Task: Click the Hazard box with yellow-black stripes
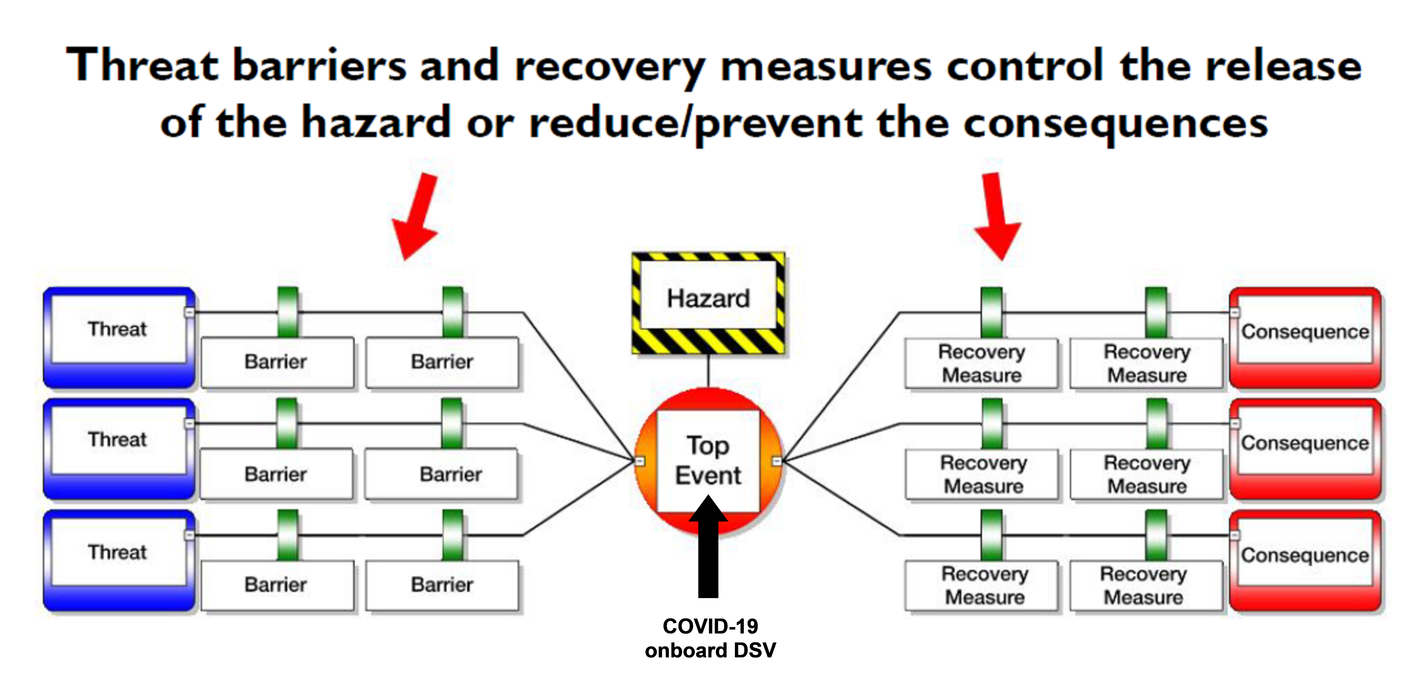pyautogui.click(x=708, y=302)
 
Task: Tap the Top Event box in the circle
pyautogui.click(x=708, y=460)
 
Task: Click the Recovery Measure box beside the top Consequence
pyautogui.click(x=1147, y=363)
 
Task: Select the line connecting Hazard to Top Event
pyautogui.click(x=708, y=371)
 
